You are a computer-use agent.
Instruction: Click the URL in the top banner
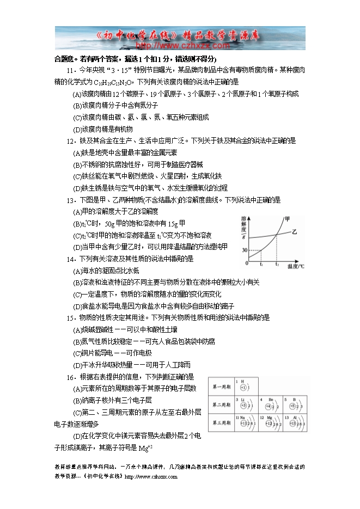(x=180, y=46)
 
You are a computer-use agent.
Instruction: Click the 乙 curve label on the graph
(x=294, y=232)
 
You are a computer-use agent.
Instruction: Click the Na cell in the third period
(x=244, y=422)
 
